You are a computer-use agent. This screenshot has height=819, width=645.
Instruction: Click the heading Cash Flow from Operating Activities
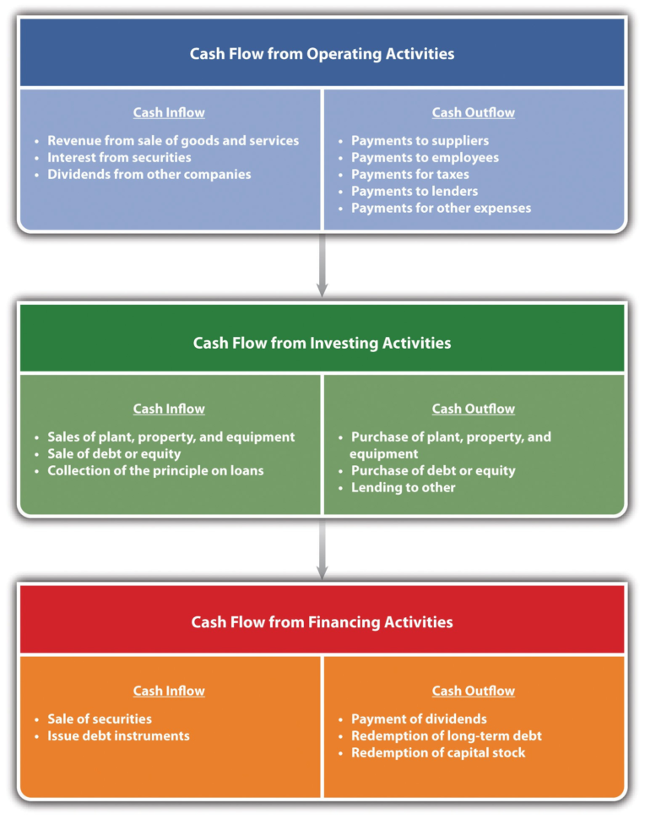click(x=322, y=54)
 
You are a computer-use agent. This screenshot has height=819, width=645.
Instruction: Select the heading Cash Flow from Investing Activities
click(x=322, y=343)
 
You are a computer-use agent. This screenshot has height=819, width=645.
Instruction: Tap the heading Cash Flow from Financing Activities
click(x=322, y=622)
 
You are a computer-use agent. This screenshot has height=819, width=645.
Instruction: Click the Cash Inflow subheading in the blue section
click(x=169, y=112)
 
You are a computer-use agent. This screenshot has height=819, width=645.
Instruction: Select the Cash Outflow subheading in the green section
click(x=473, y=409)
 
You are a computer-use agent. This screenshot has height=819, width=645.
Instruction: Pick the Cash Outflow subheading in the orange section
click(x=473, y=691)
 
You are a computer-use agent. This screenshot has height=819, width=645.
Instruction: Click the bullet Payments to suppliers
click(x=420, y=140)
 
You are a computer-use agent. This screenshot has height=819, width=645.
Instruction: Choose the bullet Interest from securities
click(x=119, y=157)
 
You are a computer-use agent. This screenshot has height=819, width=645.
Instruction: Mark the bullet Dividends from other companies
click(x=149, y=174)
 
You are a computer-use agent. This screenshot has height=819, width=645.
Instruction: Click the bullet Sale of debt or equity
click(x=114, y=453)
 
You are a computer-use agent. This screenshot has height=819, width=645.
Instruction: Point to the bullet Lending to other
click(x=403, y=487)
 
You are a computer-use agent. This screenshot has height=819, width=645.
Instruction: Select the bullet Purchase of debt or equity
click(x=432, y=470)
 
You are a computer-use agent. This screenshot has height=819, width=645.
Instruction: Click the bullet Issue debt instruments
click(x=118, y=735)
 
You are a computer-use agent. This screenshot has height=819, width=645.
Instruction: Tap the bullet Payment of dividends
click(x=419, y=719)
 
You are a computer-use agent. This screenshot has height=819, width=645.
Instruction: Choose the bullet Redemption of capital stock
click(x=437, y=752)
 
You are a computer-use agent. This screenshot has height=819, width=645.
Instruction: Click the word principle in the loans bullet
click(x=187, y=470)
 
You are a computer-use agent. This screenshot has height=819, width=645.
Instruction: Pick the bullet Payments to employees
click(x=425, y=157)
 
